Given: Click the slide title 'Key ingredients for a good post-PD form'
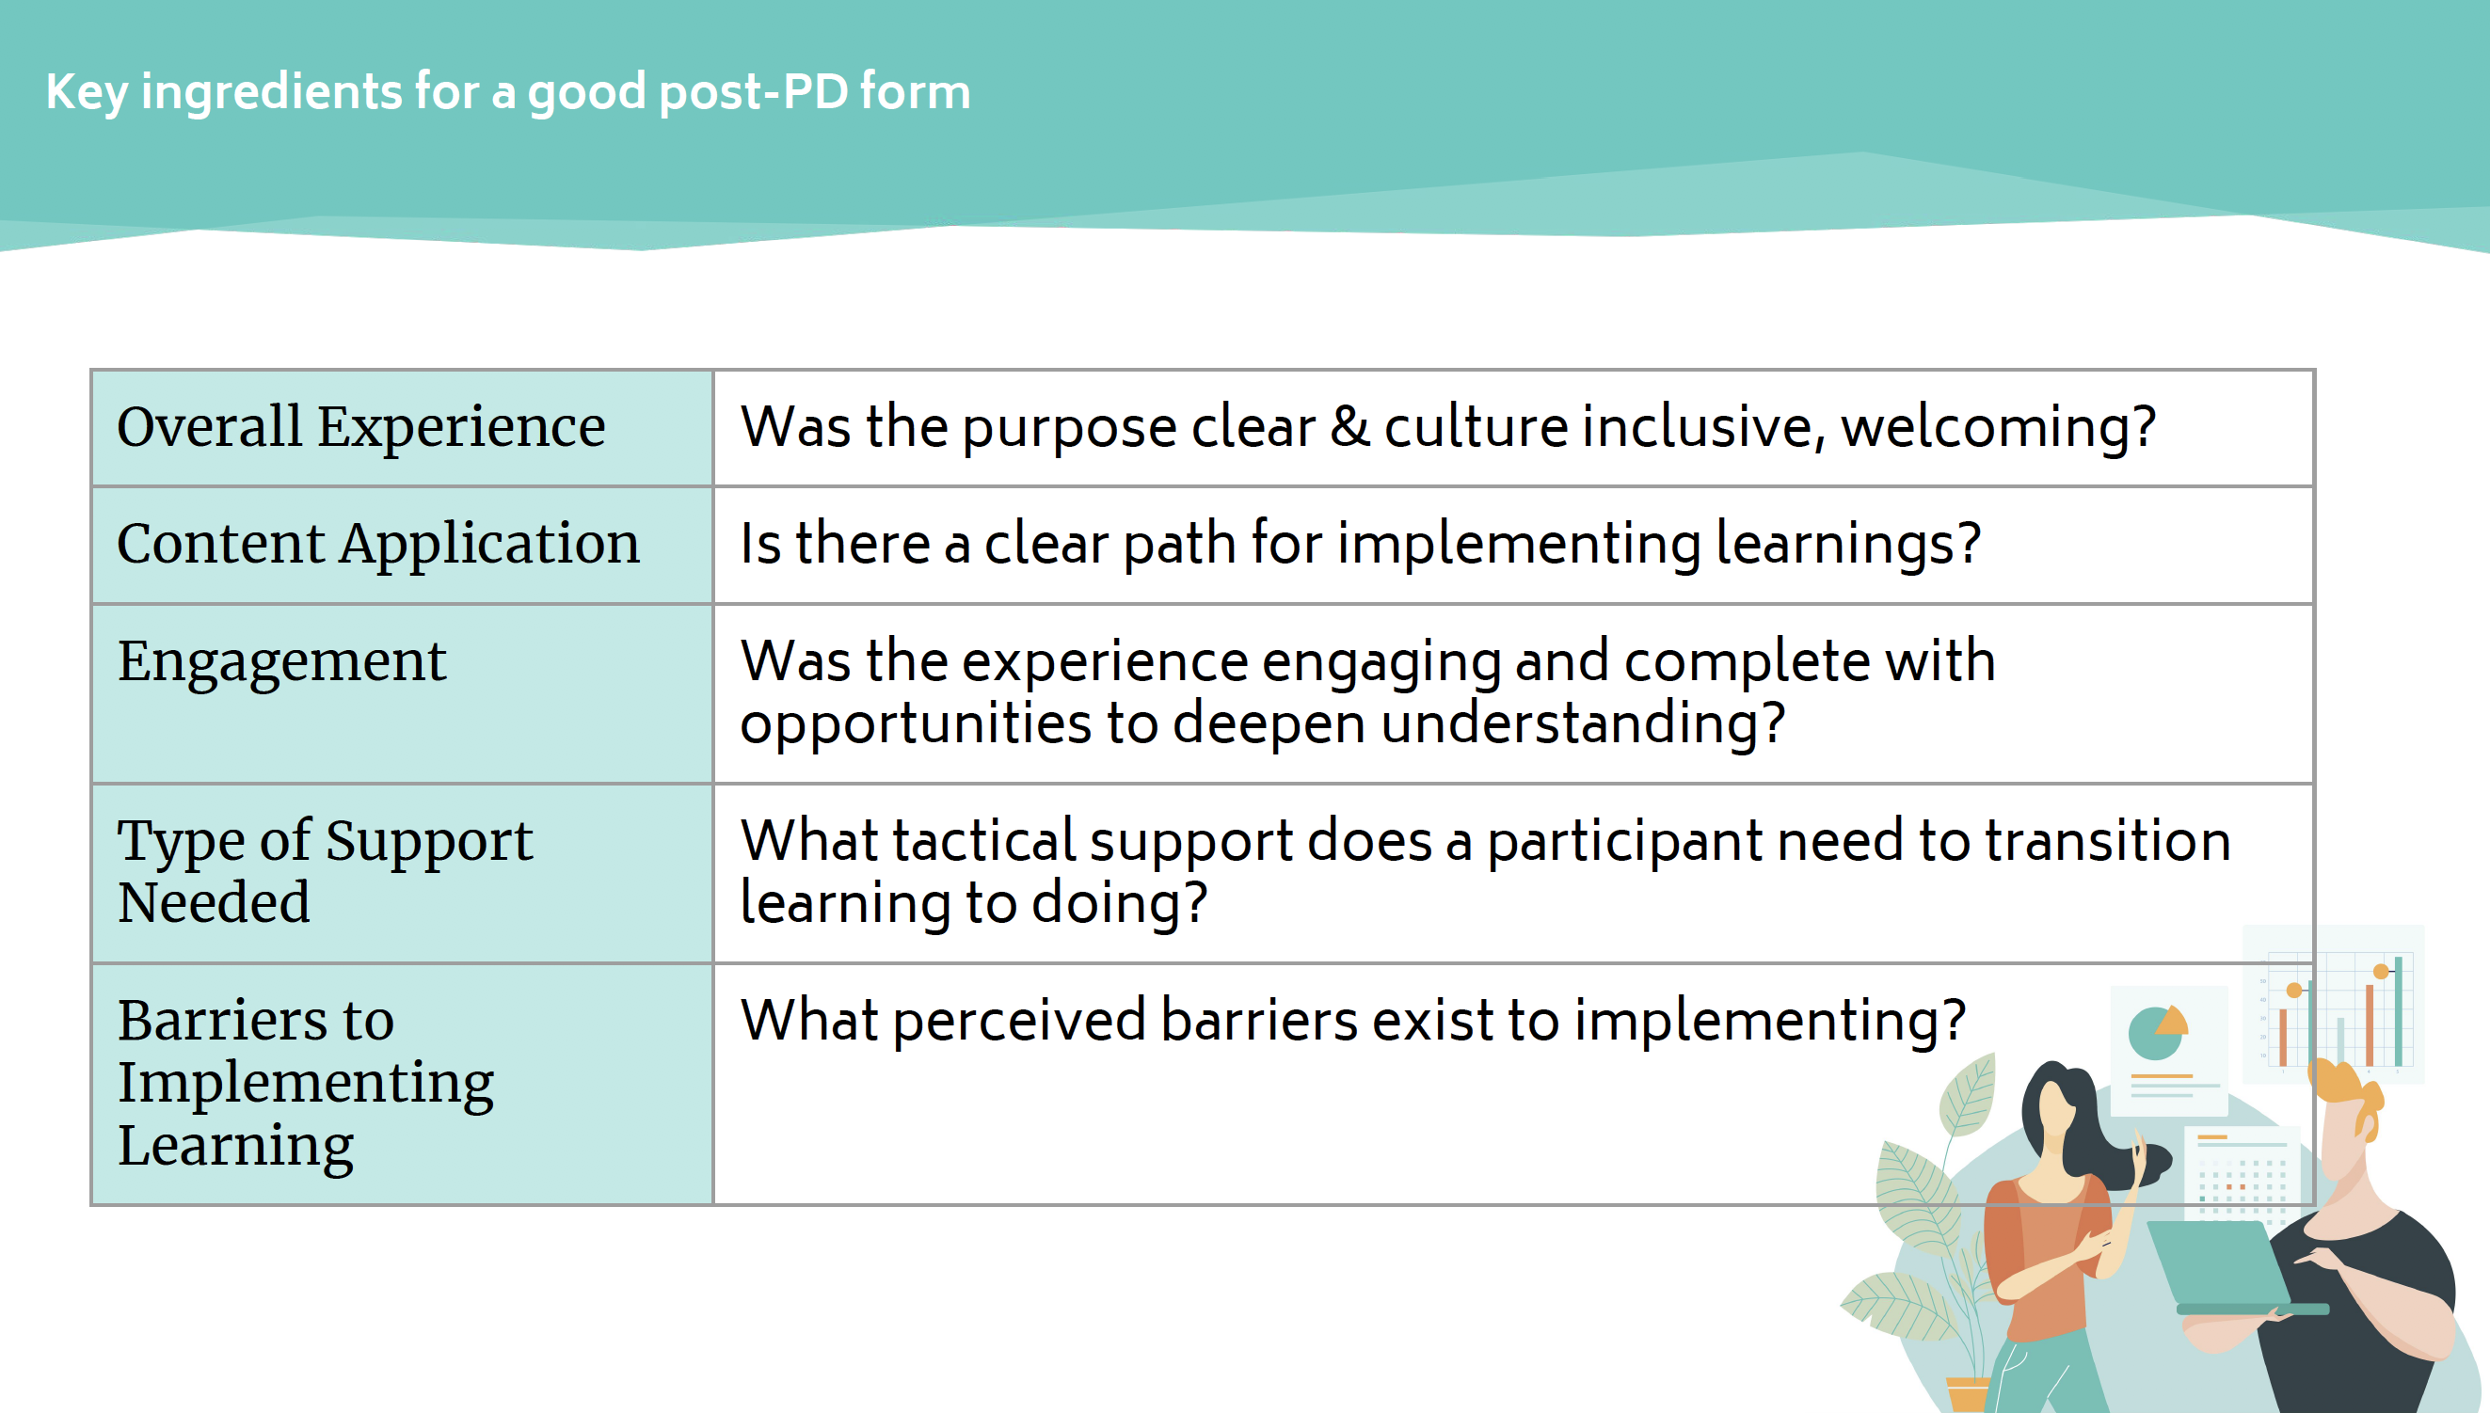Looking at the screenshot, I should point(508,93).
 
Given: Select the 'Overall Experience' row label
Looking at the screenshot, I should point(361,427).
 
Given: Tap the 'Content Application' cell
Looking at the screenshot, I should point(378,544).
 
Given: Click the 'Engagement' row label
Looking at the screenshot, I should point(281,662).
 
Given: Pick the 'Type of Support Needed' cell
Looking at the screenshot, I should point(326,870).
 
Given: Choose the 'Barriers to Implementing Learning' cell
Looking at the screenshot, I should point(306,1082).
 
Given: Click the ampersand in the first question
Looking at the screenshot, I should point(1349,427).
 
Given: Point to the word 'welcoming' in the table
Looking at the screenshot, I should point(1997,427).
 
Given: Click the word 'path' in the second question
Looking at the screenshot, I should point(1178,544).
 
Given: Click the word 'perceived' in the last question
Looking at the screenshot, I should point(1019,1021).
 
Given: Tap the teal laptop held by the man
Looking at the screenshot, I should point(2218,1262).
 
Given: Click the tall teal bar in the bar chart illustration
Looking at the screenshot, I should point(2398,1014).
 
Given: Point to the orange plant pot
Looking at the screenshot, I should point(1967,1393).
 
